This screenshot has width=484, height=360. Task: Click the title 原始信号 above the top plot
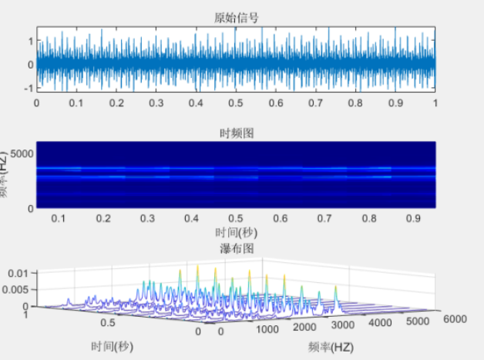pyautogui.click(x=236, y=18)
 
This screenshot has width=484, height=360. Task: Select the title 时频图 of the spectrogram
pyautogui.click(x=236, y=133)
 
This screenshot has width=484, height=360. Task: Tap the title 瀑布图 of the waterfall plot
pyautogui.click(x=236, y=247)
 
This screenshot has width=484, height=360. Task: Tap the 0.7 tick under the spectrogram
pyautogui.click(x=297, y=218)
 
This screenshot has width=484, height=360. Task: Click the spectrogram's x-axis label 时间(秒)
pyautogui.click(x=236, y=231)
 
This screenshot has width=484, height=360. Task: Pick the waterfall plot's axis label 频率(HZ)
pyautogui.click(x=330, y=347)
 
